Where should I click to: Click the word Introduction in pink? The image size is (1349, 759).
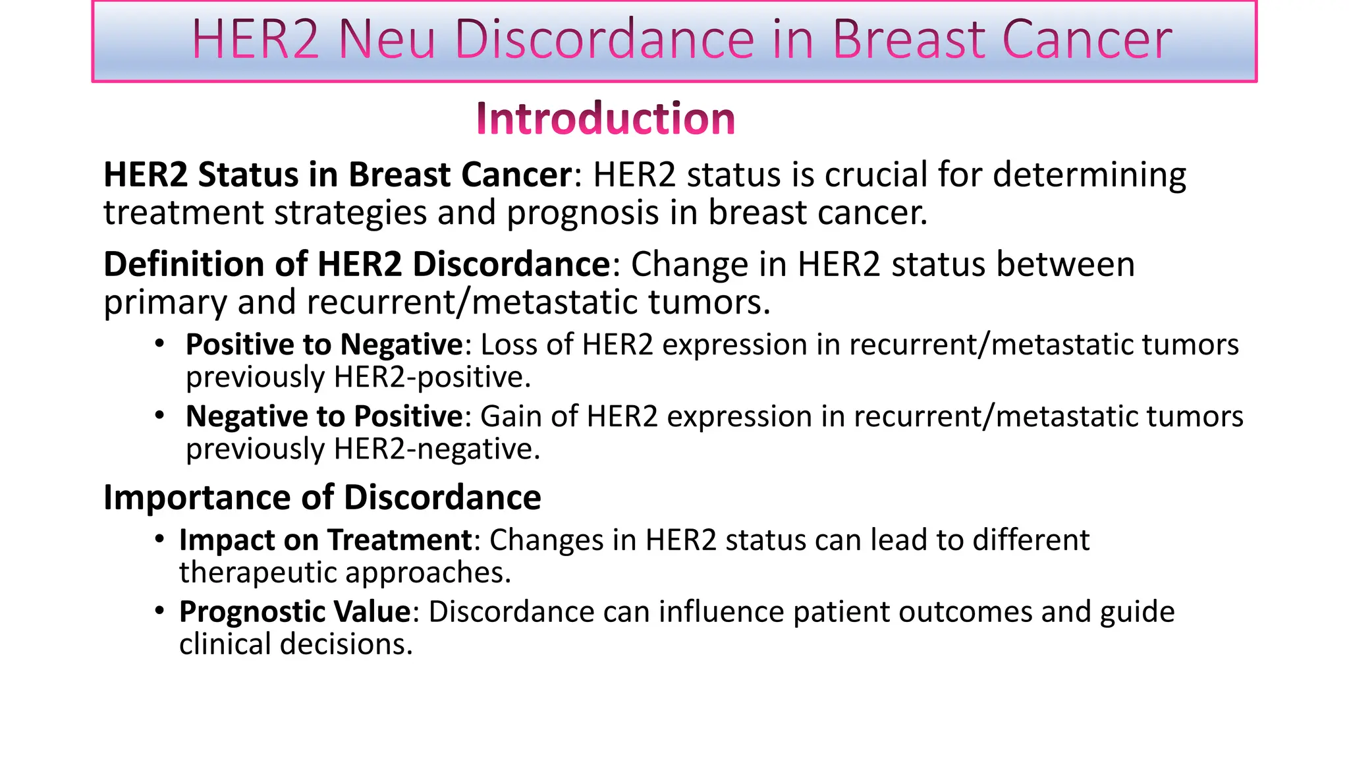[x=605, y=119]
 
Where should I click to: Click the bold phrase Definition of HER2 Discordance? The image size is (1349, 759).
[x=357, y=264]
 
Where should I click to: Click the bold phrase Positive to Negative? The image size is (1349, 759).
[x=324, y=345]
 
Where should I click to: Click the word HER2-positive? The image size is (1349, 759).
[x=432, y=378]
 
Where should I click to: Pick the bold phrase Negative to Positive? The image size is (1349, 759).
[x=324, y=416]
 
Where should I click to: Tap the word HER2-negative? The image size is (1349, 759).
[x=437, y=449]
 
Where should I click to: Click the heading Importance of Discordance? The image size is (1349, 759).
[x=322, y=497]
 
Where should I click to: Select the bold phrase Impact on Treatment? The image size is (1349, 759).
[x=325, y=540]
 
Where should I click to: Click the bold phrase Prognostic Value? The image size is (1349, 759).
[x=295, y=612]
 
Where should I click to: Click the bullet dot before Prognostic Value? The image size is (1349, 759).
[x=159, y=611]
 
